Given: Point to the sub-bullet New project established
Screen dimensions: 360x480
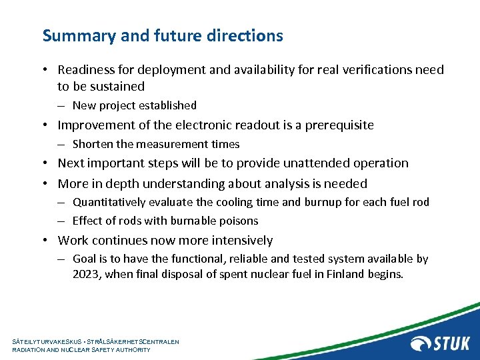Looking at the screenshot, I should pyautogui.click(x=134, y=105).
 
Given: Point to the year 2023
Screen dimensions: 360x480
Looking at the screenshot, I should pyautogui.click(x=87, y=274).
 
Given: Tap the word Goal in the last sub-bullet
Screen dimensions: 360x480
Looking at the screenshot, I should pyautogui.click(x=85, y=259).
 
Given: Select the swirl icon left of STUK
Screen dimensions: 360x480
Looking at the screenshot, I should pyautogui.click(x=421, y=343).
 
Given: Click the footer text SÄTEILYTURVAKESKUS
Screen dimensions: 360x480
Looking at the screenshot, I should pyautogui.click(x=45, y=341).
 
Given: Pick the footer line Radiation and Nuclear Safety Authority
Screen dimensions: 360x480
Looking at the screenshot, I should pyautogui.click(x=81, y=349).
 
